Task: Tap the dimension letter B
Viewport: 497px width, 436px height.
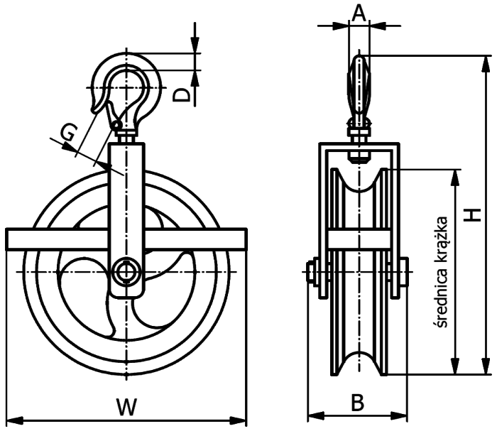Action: [x=358, y=403]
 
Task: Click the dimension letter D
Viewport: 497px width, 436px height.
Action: [x=182, y=95]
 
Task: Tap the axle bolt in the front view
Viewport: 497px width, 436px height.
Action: [x=126, y=271]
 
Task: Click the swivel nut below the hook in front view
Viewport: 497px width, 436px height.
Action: [x=126, y=134]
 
